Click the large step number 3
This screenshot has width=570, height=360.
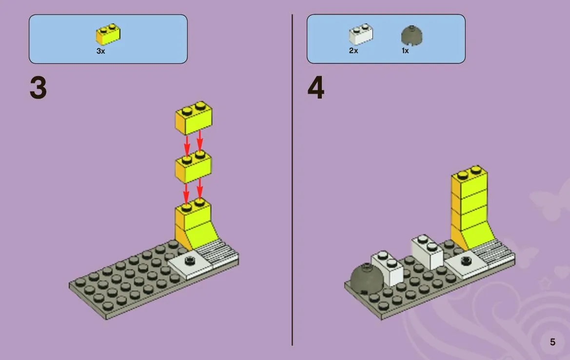tap(38, 88)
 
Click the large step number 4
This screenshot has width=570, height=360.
tap(316, 88)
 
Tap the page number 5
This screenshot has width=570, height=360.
tap(552, 342)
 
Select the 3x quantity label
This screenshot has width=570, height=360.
tap(101, 51)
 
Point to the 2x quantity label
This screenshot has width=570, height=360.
tap(354, 51)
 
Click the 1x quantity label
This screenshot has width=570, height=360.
tap(405, 51)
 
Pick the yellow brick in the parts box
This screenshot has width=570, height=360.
tap(108, 34)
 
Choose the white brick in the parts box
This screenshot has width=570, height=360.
tap(361, 34)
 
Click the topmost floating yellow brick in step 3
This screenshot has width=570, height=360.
tap(194, 118)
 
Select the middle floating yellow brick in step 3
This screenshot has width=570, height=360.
tap(194, 166)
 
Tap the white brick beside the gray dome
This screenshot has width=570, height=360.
tap(388, 268)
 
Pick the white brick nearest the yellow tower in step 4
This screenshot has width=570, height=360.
tap(428, 252)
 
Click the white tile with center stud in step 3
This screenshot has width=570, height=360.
tap(190, 263)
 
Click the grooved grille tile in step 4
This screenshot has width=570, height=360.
tap(493, 252)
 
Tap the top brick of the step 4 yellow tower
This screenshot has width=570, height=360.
tap(470, 181)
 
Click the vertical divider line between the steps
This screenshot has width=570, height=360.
tap(292, 180)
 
